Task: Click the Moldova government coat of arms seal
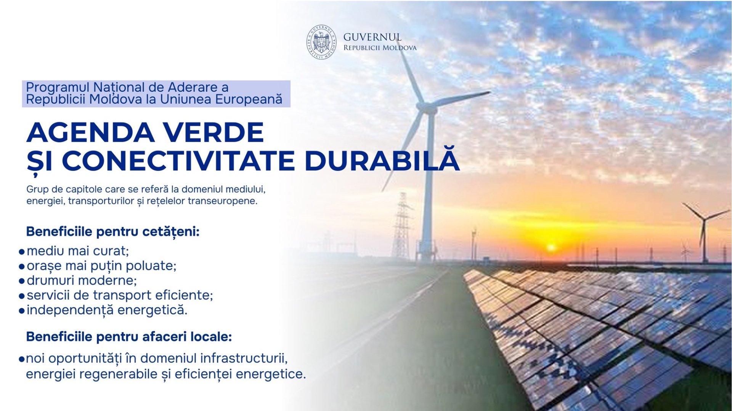click(322, 42)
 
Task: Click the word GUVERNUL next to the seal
click(372, 37)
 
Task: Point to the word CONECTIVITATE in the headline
click(178, 161)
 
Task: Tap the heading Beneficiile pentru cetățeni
click(113, 232)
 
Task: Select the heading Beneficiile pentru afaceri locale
click(129, 337)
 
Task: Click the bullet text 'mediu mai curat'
click(78, 251)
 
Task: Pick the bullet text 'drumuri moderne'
click(82, 280)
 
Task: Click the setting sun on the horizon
click(551, 248)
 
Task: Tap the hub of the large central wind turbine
click(427, 108)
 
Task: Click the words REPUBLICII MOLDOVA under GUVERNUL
click(380, 48)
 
